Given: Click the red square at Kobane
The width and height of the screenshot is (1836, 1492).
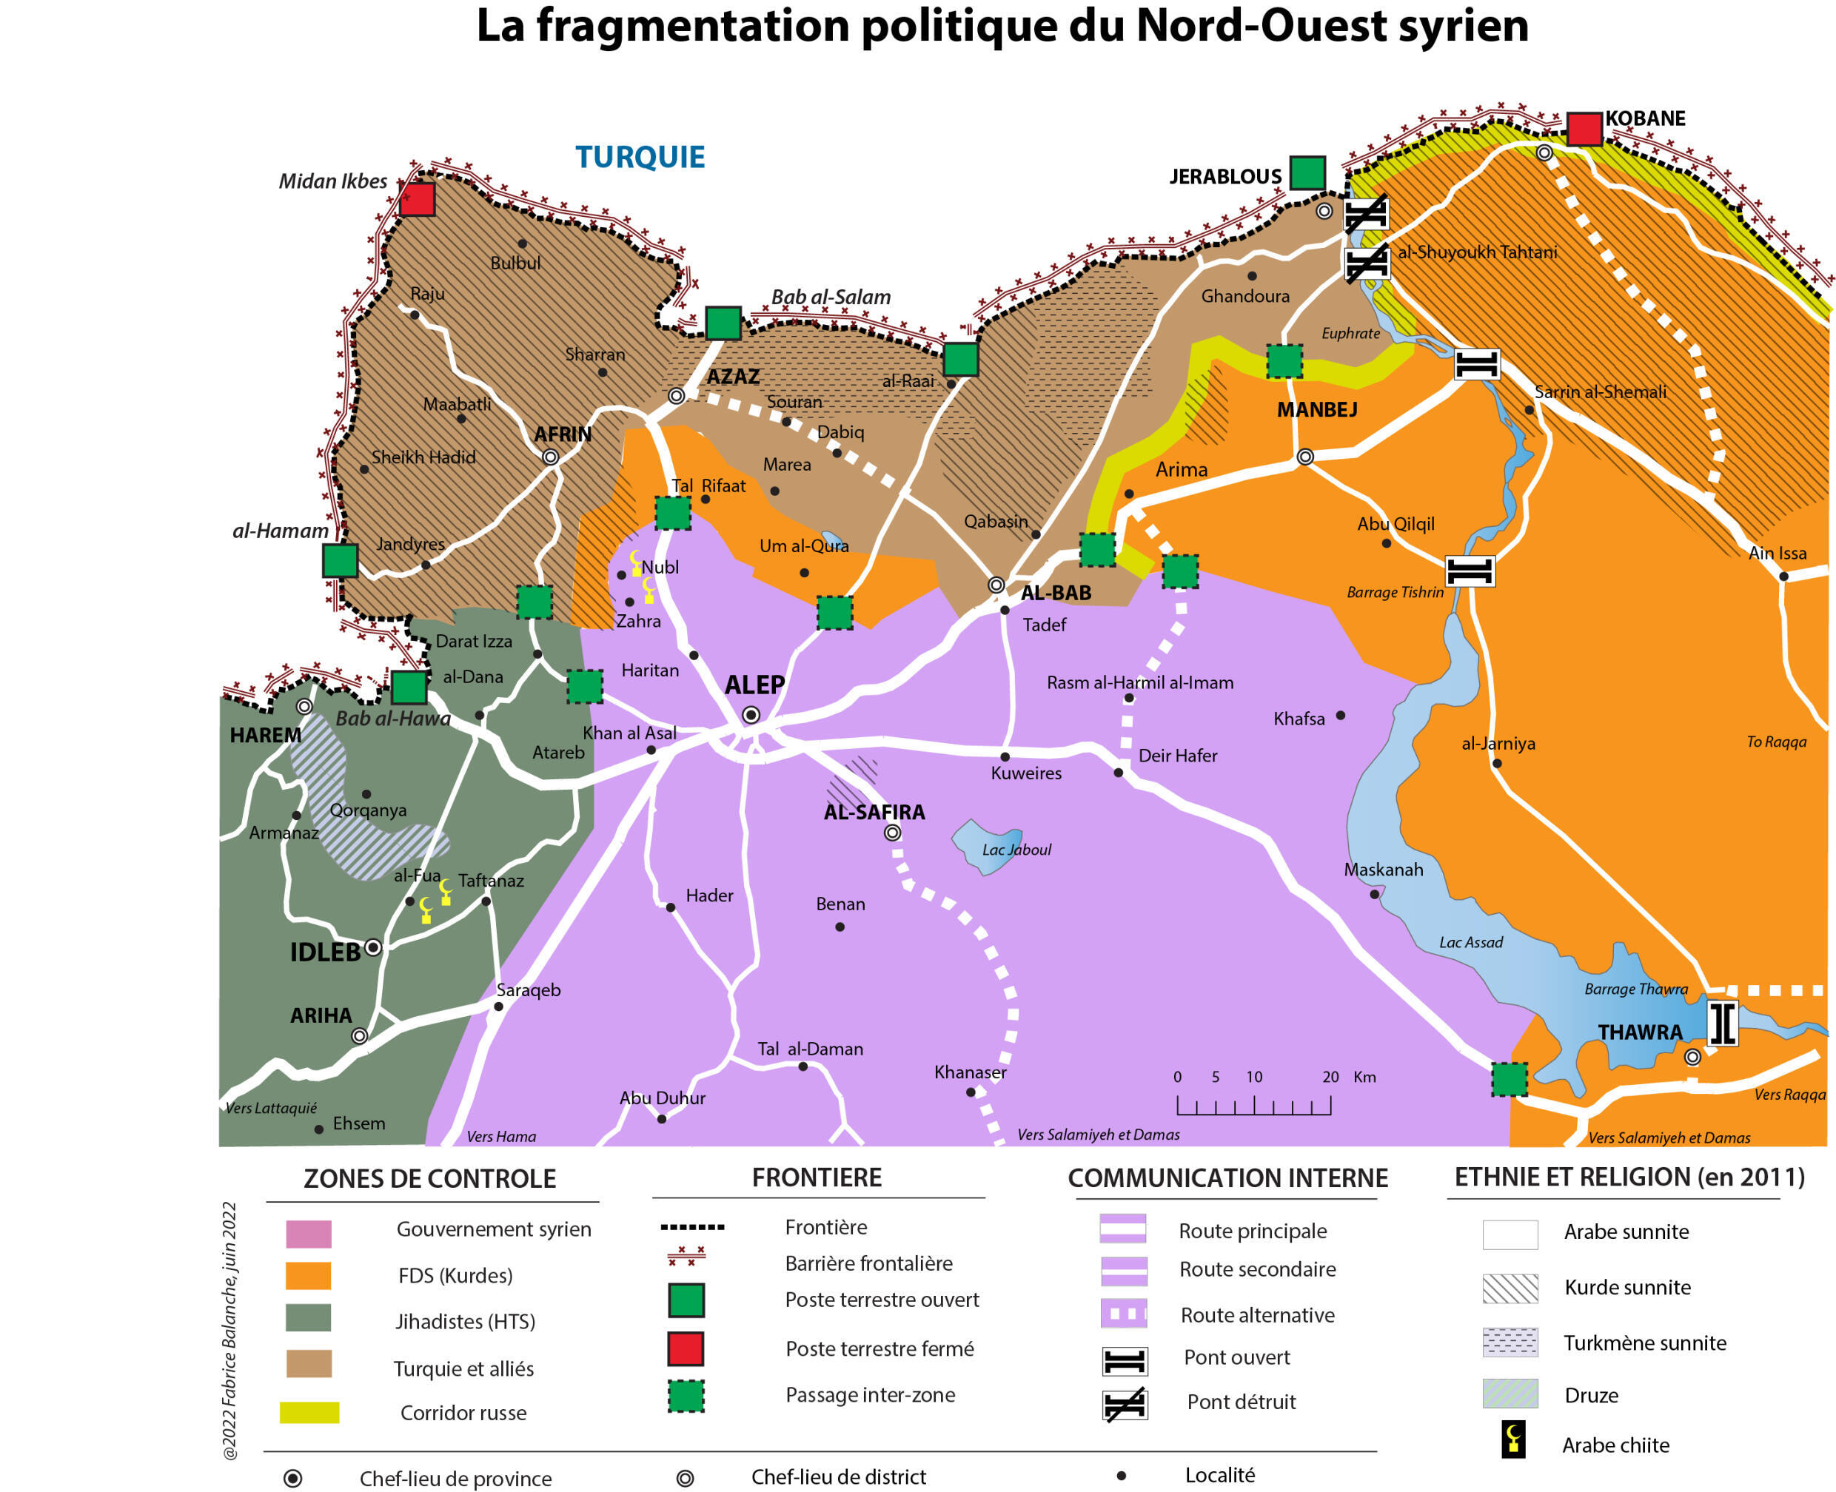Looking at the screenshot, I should pyautogui.click(x=1584, y=129).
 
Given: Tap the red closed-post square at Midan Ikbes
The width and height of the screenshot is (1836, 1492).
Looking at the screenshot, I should pyautogui.click(x=417, y=199).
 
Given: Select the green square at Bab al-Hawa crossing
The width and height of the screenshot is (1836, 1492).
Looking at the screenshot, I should pyautogui.click(x=409, y=688).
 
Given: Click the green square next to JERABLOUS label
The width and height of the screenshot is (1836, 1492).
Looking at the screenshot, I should pyautogui.click(x=1307, y=172).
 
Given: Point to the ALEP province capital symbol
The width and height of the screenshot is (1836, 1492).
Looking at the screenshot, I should pyautogui.click(x=751, y=715).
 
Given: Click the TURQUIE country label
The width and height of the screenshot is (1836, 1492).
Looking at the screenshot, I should pyautogui.click(x=640, y=158).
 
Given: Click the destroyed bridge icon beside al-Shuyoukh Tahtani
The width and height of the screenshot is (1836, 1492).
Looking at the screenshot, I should pyautogui.click(x=1367, y=263).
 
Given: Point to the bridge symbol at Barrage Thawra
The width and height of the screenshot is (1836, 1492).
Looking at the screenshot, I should pyautogui.click(x=1722, y=1024).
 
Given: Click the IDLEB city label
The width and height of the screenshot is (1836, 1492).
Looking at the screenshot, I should pyautogui.click(x=325, y=952).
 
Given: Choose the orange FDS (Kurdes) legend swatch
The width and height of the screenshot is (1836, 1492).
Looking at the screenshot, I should pyautogui.click(x=308, y=1275).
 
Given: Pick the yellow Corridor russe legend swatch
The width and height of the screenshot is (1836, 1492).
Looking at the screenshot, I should pyautogui.click(x=309, y=1412).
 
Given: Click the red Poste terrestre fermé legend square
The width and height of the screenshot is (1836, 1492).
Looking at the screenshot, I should pyautogui.click(x=686, y=1348).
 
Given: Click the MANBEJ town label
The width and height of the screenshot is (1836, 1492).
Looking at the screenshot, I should pyautogui.click(x=1317, y=410).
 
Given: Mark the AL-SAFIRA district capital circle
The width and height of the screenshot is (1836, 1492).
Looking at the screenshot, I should pyautogui.click(x=892, y=833).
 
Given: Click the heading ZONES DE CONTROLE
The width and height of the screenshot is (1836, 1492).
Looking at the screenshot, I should pyautogui.click(x=430, y=1178).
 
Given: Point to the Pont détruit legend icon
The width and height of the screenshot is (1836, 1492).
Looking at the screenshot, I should pyautogui.click(x=1125, y=1405).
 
